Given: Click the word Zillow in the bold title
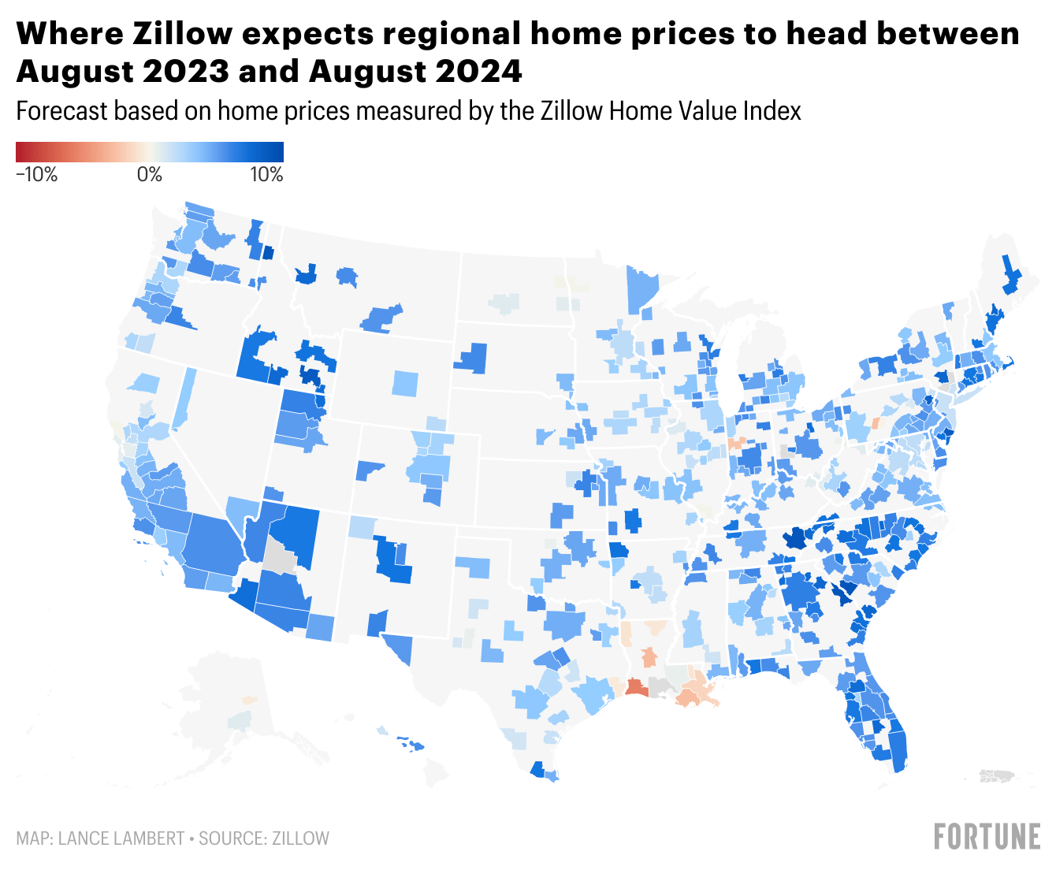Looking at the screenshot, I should [182, 34].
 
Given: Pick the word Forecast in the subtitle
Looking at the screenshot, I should [61, 111].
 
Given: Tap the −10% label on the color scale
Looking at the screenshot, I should [37, 175].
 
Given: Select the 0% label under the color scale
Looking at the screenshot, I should [150, 175].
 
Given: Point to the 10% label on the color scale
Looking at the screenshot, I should [266, 175].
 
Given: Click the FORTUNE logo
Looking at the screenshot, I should [987, 837].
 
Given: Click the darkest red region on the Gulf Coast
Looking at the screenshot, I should [635, 688].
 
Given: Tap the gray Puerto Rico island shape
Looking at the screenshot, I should [997, 776].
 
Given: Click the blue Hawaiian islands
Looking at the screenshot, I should [411, 742].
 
